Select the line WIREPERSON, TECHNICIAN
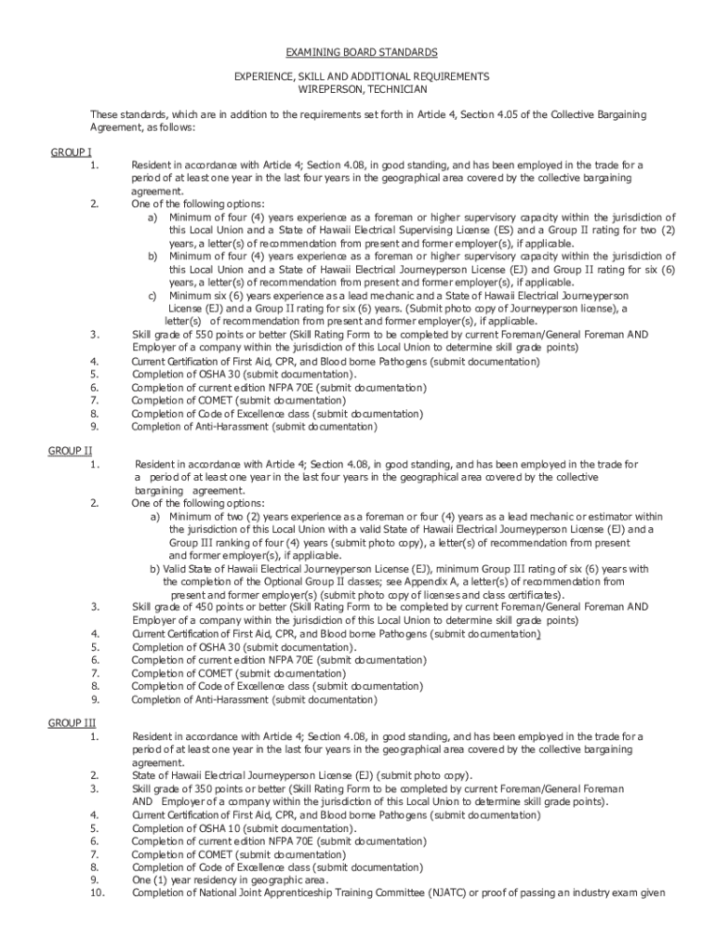[x=361, y=89]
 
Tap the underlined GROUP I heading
[x=71, y=152]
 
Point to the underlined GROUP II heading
[x=71, y=450]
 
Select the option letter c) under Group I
[x=154, y=295]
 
